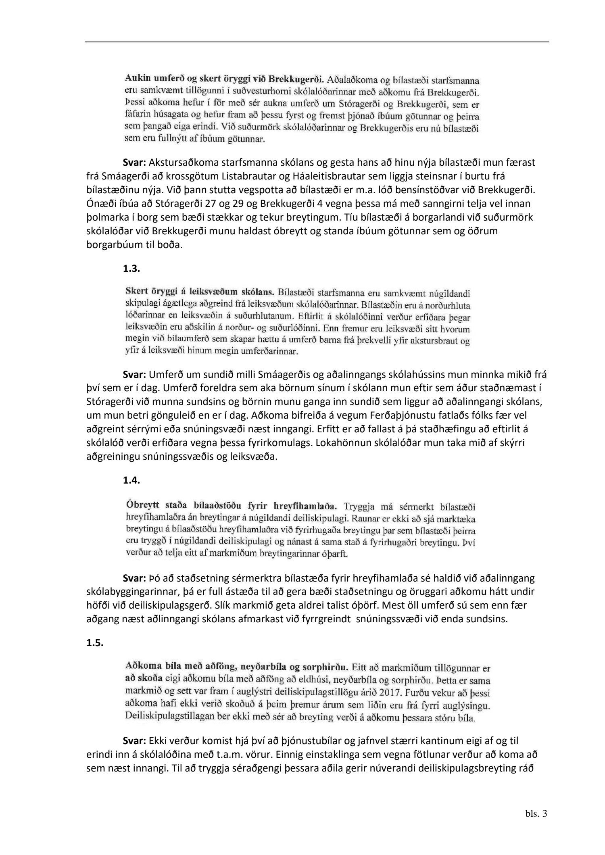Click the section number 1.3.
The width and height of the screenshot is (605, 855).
(x=131, y=269)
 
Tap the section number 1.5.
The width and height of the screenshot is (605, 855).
(x=95, y=643)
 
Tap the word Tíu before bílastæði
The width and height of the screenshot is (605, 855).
(x=355, y=217)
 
